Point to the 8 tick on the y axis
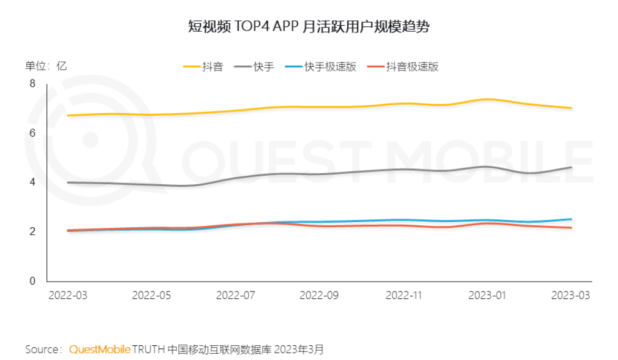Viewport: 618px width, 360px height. pyautogui.click(x=33, y=84)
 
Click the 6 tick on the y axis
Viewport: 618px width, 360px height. pyautogui.click(x=33, y=133)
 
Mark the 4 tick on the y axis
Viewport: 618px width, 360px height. pyautogui.click(x=33, y=182)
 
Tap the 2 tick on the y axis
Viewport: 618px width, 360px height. pyautogui.click(x=33, y=232)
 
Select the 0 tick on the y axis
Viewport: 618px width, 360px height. pyautogui.click(x=33, y=282)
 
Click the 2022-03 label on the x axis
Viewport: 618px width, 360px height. pyautogui.click(x=68, y=295)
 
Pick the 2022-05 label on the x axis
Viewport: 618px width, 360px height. pyautogui.click(x=151, y=295)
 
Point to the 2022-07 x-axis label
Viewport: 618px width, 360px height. pyautogui.click(x=235, y=295)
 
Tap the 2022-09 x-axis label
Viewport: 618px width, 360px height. pyautogui.click(x=318, y=295)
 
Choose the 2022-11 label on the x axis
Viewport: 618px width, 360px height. pyautogui.click(x=404, y=295)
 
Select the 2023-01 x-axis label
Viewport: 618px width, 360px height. pyautogui.click(x=487, y=295)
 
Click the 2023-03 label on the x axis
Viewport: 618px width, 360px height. pyautogui.click(x=570, y=295)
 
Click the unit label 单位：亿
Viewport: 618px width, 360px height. pyautogui.click(x=45, y=66)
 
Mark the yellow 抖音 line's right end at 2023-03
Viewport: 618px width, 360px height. pyautogui.click(x=571, y=108)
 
